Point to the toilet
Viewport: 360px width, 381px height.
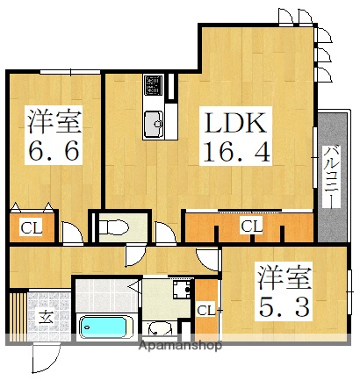(x=115, y=228)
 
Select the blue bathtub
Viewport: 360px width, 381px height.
(x=104, y=328)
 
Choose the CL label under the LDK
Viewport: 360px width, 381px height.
(x=251, y=226)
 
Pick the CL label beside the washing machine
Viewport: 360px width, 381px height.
(x=205, y=310)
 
